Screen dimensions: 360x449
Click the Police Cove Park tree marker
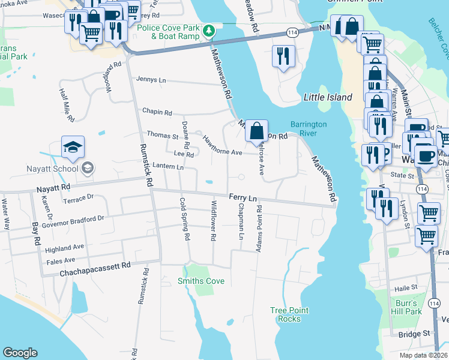pyautogui.click(x=208, y=31)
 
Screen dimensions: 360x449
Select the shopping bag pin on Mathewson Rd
pyautogui.click(x=256, y=130)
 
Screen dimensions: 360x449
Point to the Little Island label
pyautogui.click(x=327, y=97)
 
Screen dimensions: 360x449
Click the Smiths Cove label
pyautogui.click(x=201, y=281)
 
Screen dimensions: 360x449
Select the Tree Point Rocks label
pyautogui.click(x=289, y=314)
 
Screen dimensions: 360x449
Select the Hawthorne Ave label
pyautogui.click(x=222, y=148)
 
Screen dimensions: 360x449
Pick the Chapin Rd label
pyautogui.click(x=157, y=112)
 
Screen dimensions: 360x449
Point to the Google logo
pyautogui.click(x=20, y=353)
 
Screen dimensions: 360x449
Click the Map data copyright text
pyautogui.click(x=423, y=355)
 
